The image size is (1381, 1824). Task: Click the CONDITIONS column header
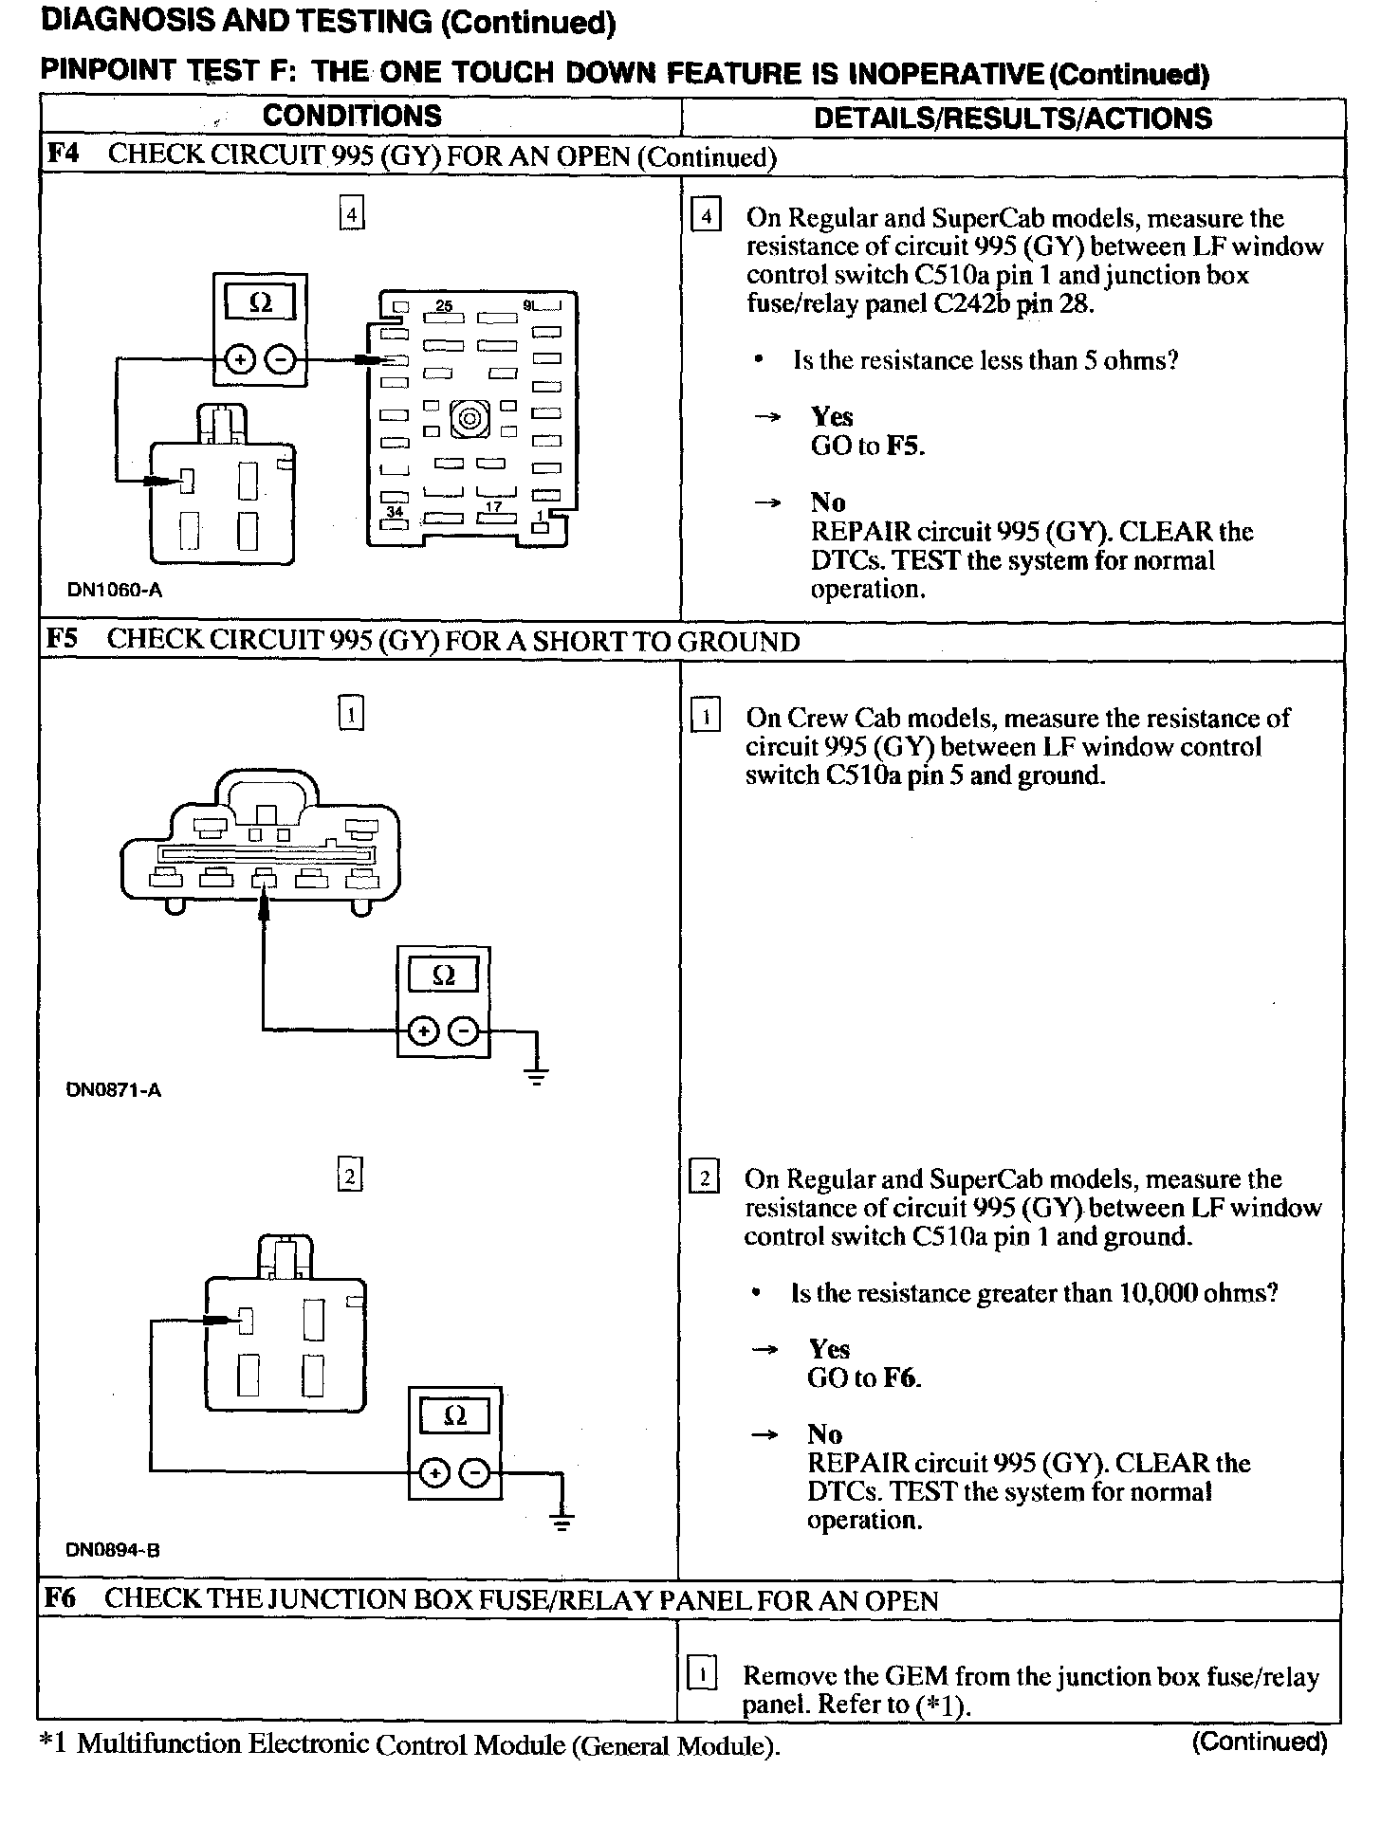pyautogui.click(x=352, y=117)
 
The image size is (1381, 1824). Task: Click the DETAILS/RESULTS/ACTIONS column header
pyautogui.click(x=1012, y=119)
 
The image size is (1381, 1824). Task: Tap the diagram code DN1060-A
pyautogui.click(x=115, y=590)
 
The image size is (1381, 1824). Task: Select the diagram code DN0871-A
pyautogui.click(x=114, y=1090)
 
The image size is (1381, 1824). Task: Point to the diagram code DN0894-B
pyautogui.click(x=113, y=1551)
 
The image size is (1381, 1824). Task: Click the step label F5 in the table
pyautogui.click(x=63, y=639)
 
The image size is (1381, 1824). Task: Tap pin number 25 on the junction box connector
pyautogui.click(x=444, y=306)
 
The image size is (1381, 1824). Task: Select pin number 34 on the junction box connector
pyautogui.click(x=395, y=511)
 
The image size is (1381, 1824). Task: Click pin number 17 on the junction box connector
pyautogui.click(x=493, y=507)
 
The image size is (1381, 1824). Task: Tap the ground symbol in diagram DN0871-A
pyautogui.click(x=537, y=1074)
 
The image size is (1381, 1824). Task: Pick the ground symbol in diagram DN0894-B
pyautogui.click(x=562, y=1523)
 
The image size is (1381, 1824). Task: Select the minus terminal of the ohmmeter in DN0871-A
pyautogui.click(x=464, y=1031)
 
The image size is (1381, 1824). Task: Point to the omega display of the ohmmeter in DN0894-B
pyautogui.click(x=455, y=1416)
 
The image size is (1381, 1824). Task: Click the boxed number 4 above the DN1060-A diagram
pyautogui.click(x=352, y=215)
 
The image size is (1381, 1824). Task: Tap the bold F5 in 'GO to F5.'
pyautogui.click(x=904, y=447)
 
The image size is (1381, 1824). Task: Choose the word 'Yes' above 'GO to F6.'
pyautogui.click(x=829, y=1349)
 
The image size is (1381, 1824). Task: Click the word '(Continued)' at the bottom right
pyautogui.click(x=1260, y=1742)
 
